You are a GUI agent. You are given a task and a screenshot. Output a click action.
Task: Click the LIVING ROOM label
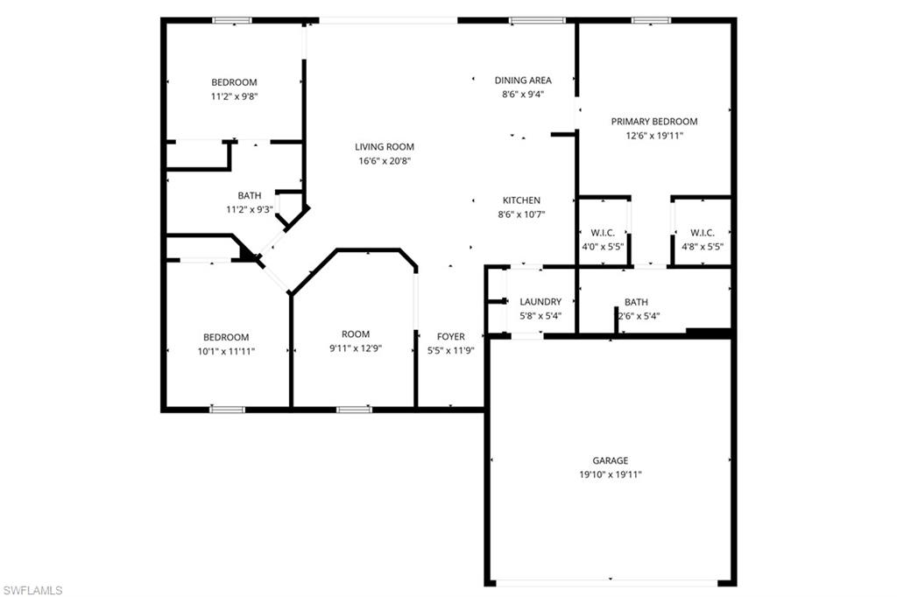coord(384,147)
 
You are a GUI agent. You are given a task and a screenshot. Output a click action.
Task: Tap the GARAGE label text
coord(610,460)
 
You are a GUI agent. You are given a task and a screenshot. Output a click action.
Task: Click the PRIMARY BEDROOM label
coord(653,122)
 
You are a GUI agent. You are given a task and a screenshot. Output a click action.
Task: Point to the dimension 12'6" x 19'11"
coord(653,136)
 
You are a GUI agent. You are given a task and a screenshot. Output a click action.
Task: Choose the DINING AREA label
coord(523,81)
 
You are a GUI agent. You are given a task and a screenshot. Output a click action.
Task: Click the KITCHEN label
coord(521,200)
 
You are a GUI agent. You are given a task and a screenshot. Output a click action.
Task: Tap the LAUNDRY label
coord(540,302)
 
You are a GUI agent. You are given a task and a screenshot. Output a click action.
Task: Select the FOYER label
coord(451,337)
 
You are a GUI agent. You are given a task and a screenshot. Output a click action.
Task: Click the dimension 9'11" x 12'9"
coord(356,348)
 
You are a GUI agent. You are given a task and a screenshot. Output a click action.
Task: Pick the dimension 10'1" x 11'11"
coord(226,351)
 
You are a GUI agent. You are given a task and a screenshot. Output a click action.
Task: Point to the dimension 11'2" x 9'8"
coord(234,96)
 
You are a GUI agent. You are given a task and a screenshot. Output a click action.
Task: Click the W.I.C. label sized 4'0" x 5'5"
coord(603,233)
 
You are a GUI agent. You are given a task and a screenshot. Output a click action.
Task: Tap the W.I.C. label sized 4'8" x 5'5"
coord(702,233)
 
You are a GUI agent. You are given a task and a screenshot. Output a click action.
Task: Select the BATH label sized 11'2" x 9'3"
coord(250,195)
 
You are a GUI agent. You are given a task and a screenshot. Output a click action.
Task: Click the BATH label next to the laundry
coord(636,302)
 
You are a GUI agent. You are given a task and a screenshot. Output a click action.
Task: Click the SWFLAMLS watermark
coord(32,590)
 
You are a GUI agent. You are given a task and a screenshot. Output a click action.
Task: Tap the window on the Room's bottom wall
coord(354,409)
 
